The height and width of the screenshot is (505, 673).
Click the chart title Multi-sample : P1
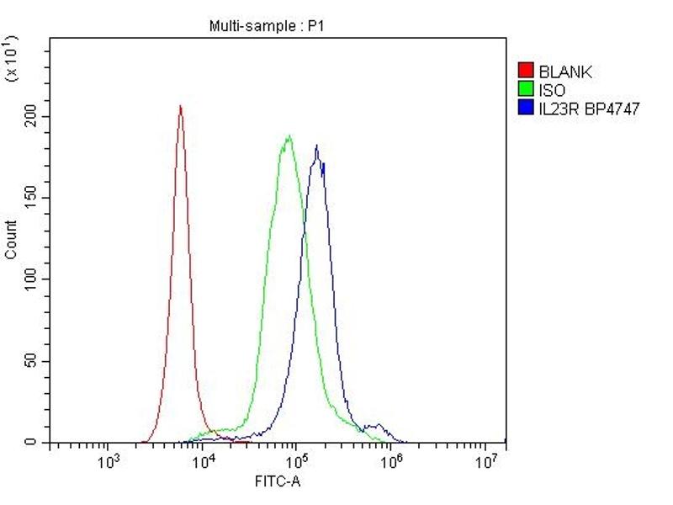tap(266, 26)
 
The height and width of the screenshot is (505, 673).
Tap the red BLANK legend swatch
tap(527, 72)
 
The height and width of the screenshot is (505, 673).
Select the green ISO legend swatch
tap(527, 90)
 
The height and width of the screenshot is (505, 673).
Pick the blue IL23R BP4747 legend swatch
tap(527, 108)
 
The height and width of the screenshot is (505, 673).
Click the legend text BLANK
tap(565, 72)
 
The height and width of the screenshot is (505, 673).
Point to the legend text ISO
tap(552, 90)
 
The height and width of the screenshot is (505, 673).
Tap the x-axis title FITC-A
tap(278, 481)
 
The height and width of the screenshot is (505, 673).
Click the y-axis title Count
tap(11, 239)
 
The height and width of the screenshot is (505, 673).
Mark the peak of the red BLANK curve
tap(180, 106)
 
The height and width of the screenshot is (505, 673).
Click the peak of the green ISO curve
tap(289, 135)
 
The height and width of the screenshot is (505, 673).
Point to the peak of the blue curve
tap(316, 146)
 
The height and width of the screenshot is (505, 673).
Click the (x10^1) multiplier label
tap(12, 59)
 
